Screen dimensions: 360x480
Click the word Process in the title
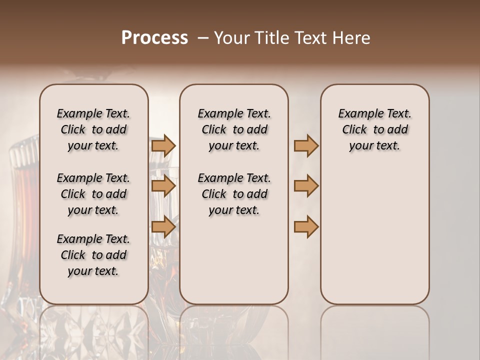pyautogui.click(x=154, y=38)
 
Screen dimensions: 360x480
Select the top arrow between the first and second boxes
pyautogui.click(x=163, y=146)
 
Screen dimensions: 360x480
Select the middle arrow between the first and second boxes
pyautogui.click(x=163, y=186)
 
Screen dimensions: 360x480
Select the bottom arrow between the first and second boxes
pyautogui.click(x=163, y=226)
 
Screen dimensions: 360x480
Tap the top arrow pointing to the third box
pyautogui.click(x=306, y=146)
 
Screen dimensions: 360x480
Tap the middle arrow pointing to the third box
pyautogui.click(x=306, y=186)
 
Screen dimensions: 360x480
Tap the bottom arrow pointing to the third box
pyautogui.click(x=306, y=226)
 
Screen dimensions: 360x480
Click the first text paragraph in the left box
pyautogui.click(x=93, y=129)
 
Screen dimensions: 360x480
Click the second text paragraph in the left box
pyautogui.click(x=93, y=194)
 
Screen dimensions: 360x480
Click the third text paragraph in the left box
pyautogui.click(x=93, y=255)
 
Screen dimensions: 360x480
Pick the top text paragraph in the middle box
pyautogui.click(x=234, y=129)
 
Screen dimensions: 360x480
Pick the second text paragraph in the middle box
pyautogui.click(x=234, y=194)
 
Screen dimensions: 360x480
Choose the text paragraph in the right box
pyautogui.click(x=374, y=129)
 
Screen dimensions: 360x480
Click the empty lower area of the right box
pyautogui.click(x=374, y=235)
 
